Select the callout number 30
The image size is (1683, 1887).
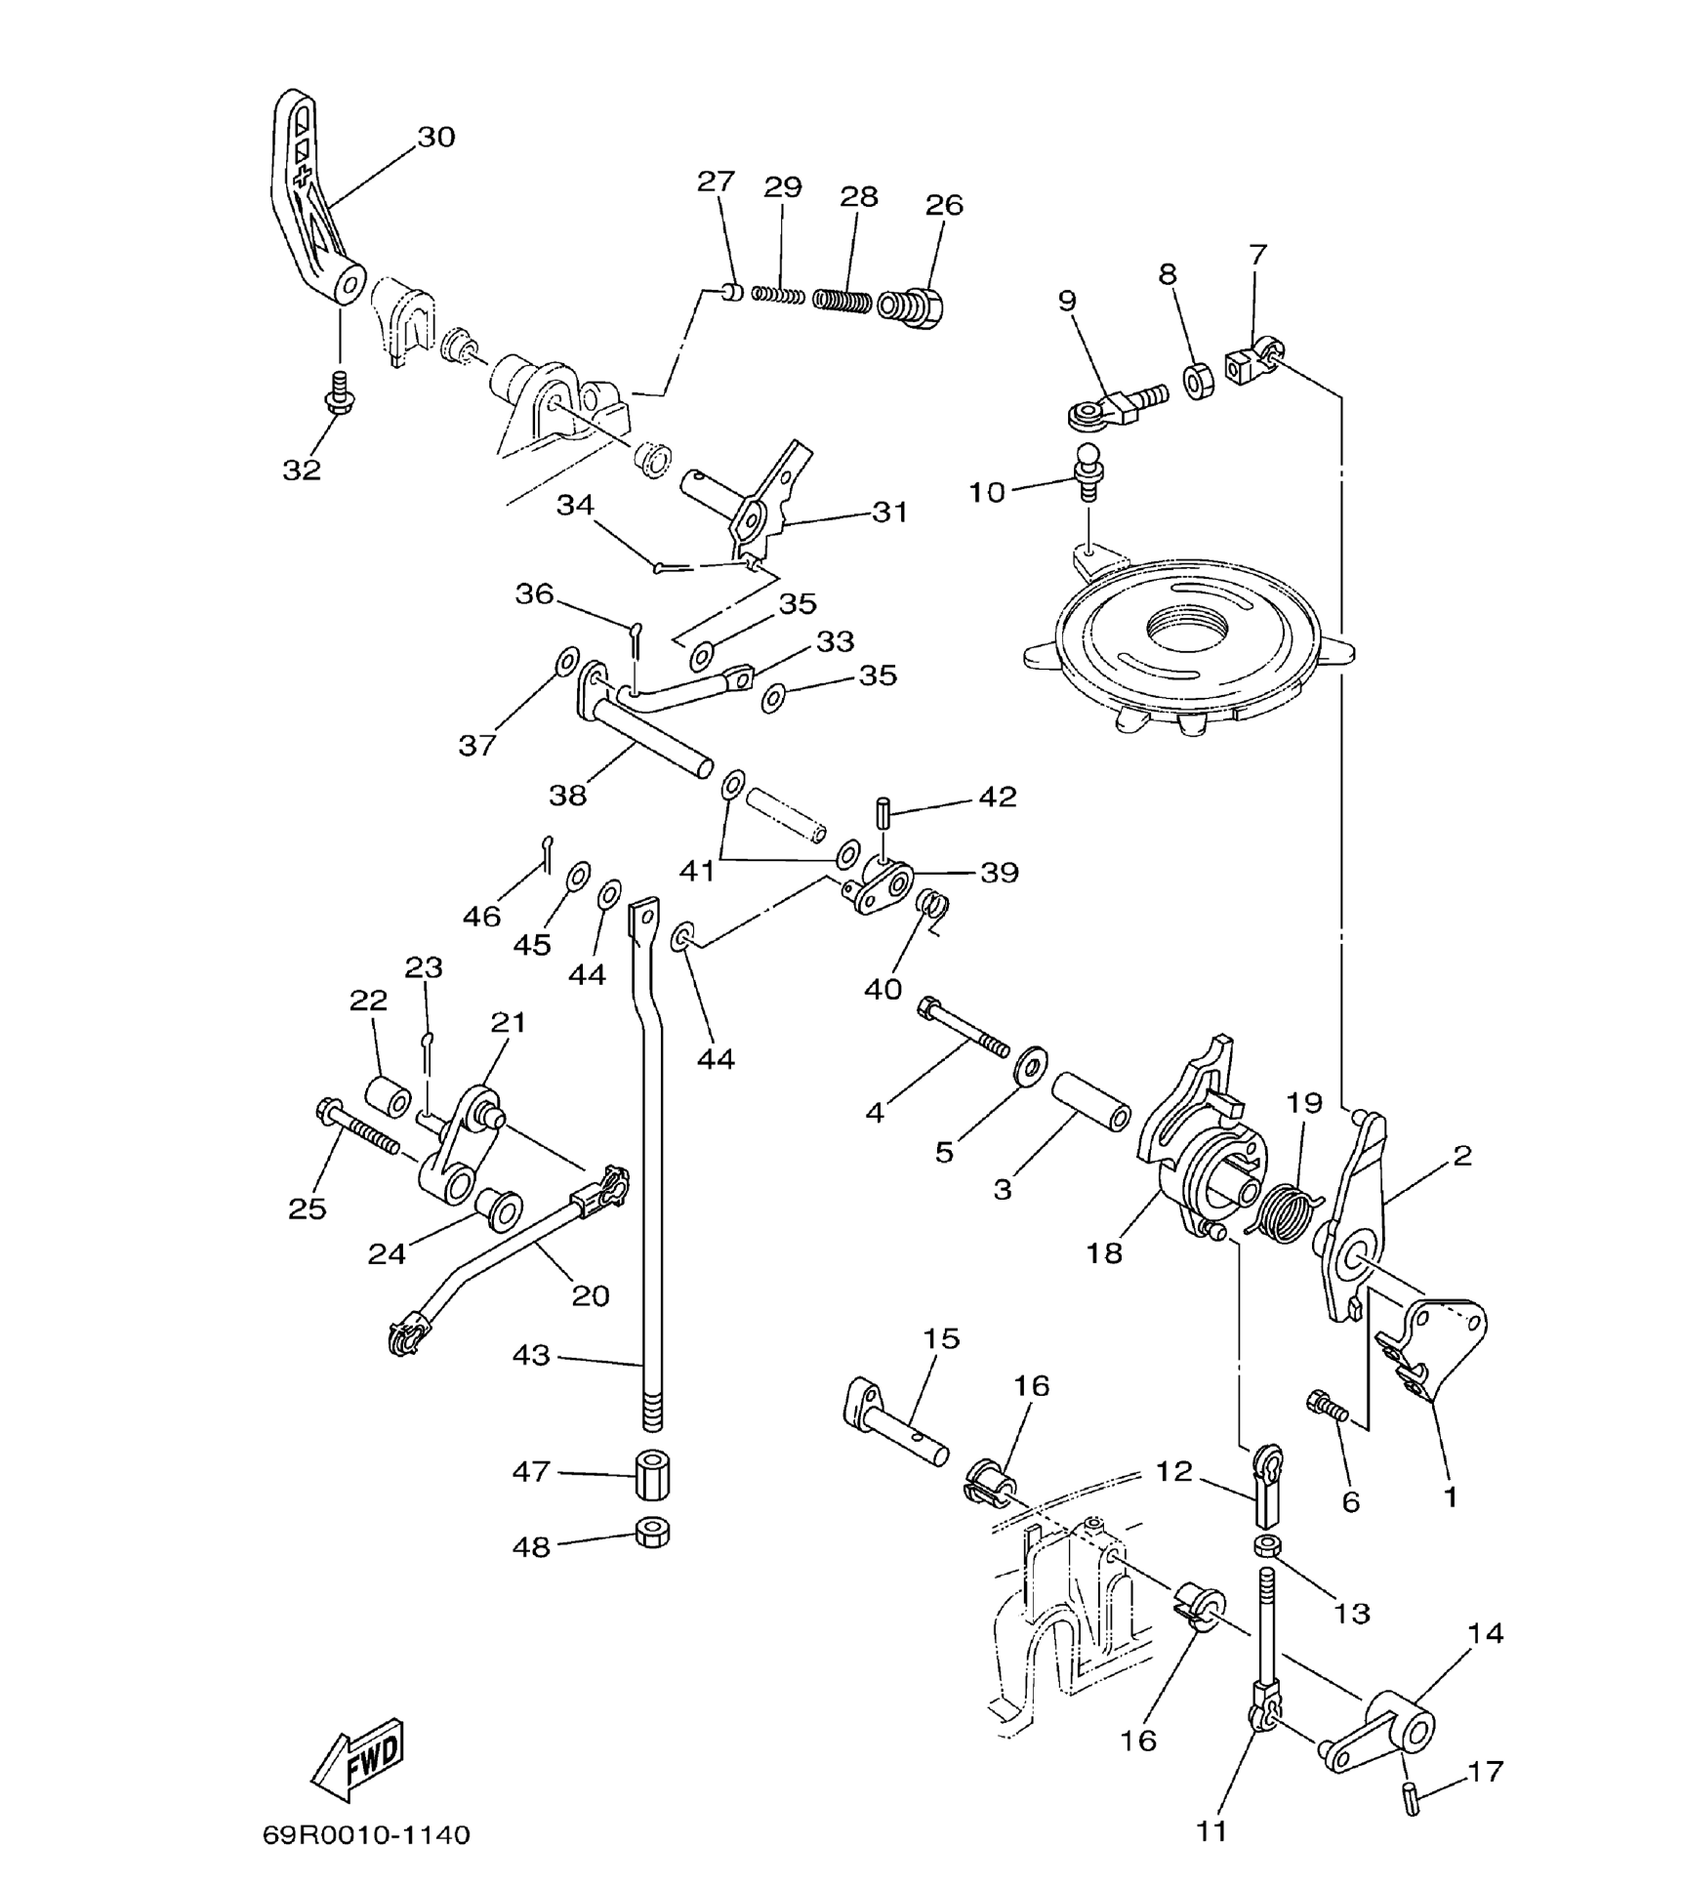pyautogui.click(x=436, y=137)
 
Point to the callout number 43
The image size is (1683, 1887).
pyautogui.click(x=531, y=1355)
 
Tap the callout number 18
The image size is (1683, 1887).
pyautogui.click(x=1104, y=1252)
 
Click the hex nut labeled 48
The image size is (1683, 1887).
pyautogui.click(x=652, y=1534)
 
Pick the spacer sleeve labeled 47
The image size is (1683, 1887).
pyautogui.click(x=652, y=1474)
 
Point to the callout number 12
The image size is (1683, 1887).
pyautogui.click(x=1174, y=1471)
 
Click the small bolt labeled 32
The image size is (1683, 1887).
pyautogui.click(x=339, y=392)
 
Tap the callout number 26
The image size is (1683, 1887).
pyautogui.click(x=944, y=205)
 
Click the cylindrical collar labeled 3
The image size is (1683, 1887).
pyautogui.click(x=1089, y=1101)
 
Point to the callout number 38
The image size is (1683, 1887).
pyautogui.click(x=567, y=796)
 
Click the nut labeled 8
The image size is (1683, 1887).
pyautogui.click(x=1199, y=379)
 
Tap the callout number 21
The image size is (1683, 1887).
pyautogui.click(x=508, y=1022)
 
